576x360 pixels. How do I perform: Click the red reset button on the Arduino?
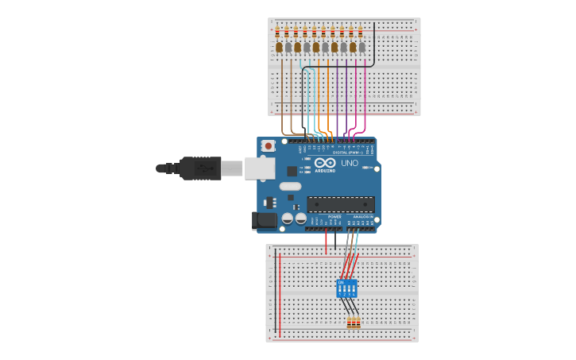pos(269,145)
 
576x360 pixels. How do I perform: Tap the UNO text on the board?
pos(349,163)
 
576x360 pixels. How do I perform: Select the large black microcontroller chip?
pos(340,204)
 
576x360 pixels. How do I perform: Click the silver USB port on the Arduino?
pos(259,168)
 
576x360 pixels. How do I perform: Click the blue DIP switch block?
pos(347,288)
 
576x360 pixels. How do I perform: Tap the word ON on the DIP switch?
pos(342,282)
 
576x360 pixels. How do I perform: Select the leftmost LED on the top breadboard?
pos(279,48)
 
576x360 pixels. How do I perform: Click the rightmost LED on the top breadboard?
pos(361,48)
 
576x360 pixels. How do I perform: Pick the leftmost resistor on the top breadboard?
pos(277,33)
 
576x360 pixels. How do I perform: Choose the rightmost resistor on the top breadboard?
pos(360,33)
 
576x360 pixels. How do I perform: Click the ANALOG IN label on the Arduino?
pos(363,216)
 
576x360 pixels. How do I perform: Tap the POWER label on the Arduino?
pos(334,216)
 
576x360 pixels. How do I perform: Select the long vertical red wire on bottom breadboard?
pos(280,294)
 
